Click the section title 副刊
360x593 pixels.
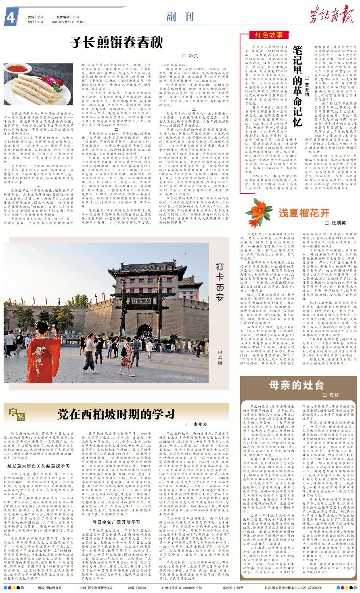[176, 16]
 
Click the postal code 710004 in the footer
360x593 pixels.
[140, 588]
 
